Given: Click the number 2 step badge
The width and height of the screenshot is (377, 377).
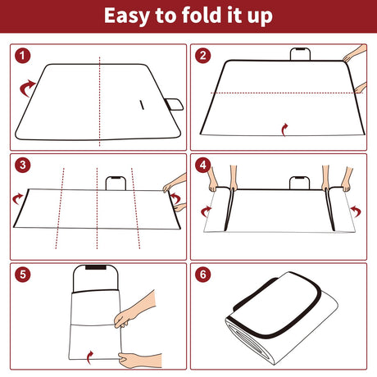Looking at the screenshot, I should [203, 57].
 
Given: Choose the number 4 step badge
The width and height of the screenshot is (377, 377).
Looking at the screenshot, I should [203, 165].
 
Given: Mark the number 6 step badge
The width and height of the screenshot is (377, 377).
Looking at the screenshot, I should [203, 274].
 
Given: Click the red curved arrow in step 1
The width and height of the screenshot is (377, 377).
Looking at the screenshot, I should [27, 85].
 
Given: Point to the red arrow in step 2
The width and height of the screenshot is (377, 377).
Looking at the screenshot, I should [284, 128].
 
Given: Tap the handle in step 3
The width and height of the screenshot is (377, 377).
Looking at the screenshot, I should [116, 182].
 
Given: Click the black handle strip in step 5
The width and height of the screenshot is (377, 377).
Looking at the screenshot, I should [97, 268].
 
